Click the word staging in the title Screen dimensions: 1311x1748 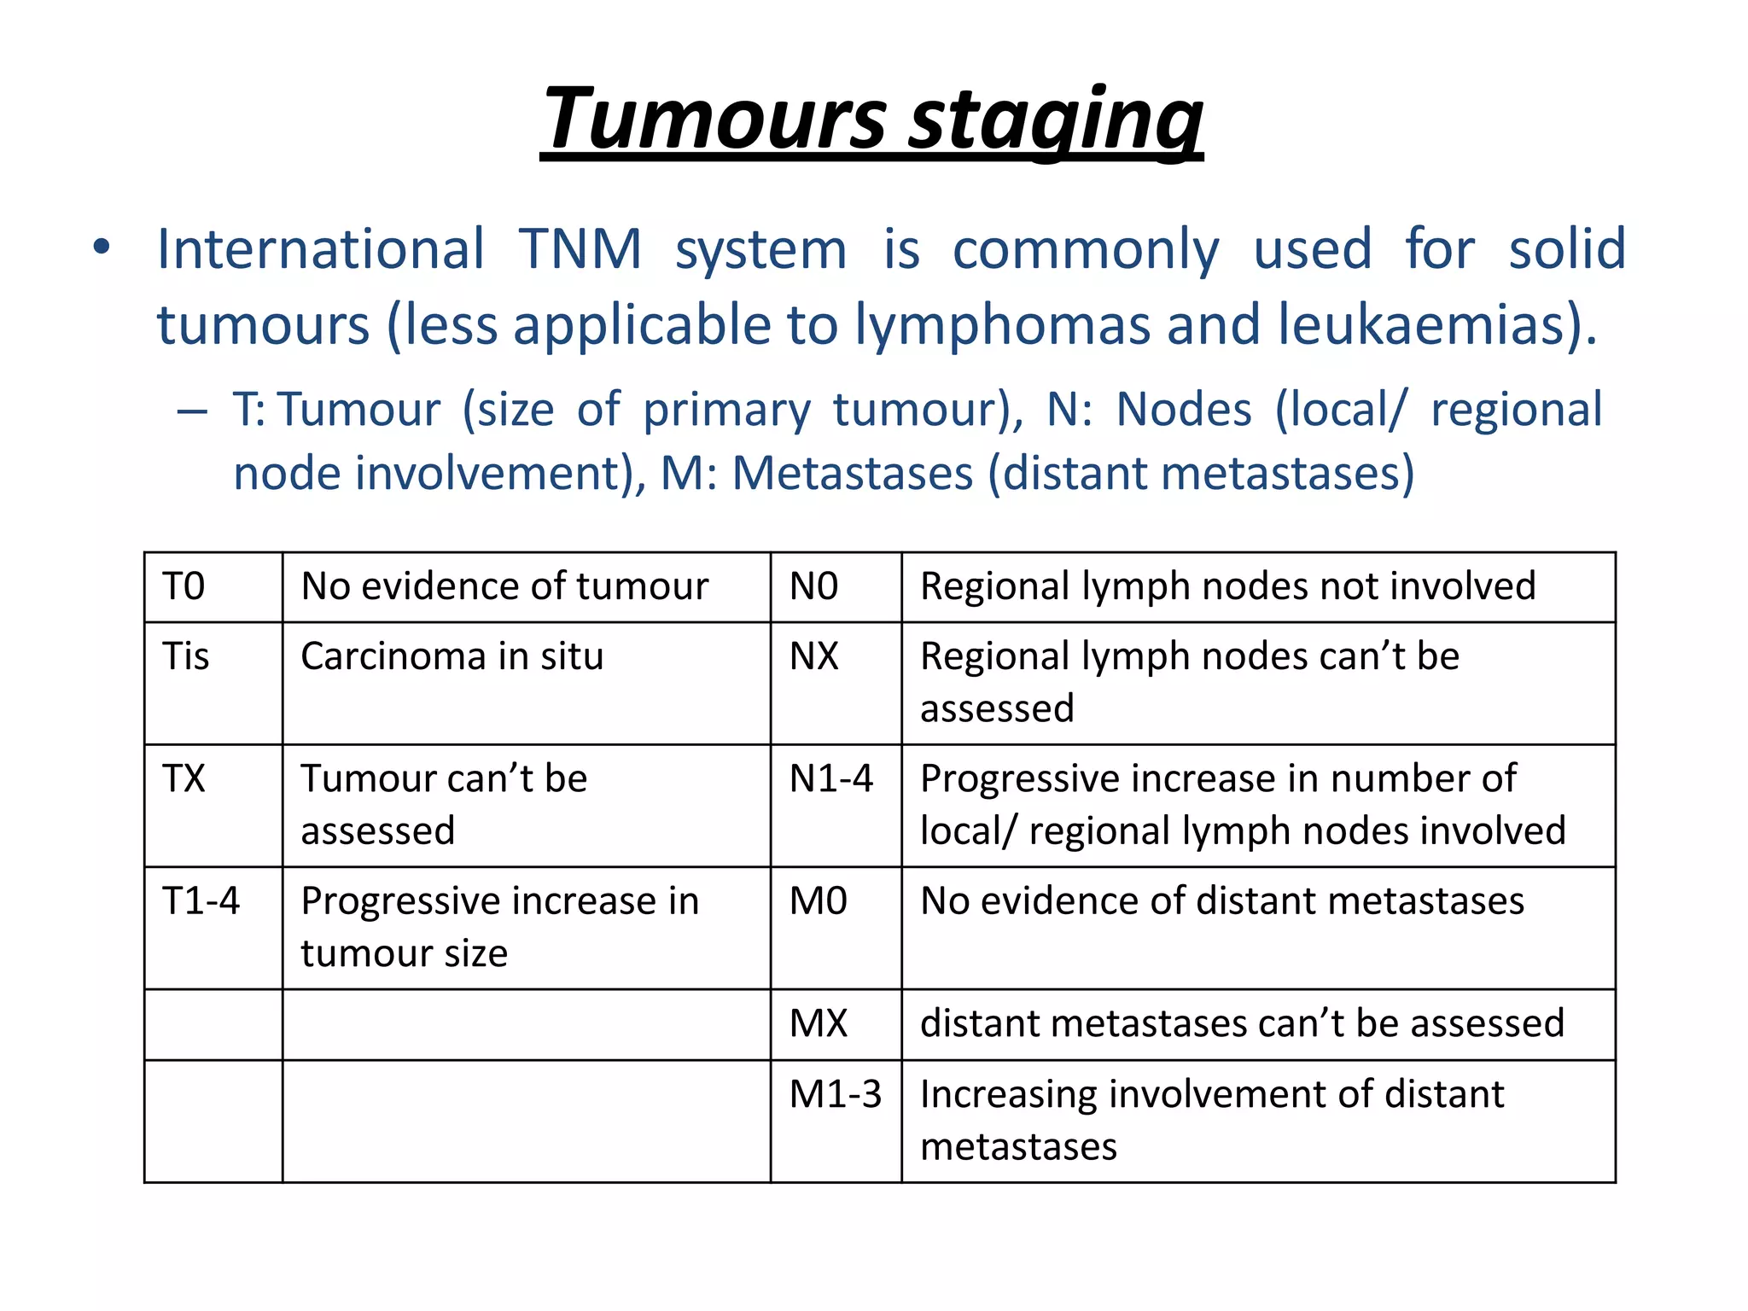tap(1055, 119)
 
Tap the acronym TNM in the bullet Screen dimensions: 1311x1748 tap(580, 249)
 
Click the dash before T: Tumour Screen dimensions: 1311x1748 tap(193, 411)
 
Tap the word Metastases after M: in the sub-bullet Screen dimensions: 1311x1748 tap(853, 473)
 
